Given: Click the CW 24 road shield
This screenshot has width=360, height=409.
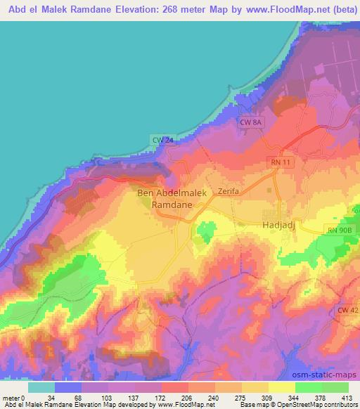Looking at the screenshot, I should (162, 141).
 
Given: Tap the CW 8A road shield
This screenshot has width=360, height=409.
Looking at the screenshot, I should (251, 122).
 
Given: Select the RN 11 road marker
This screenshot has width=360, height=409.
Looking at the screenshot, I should (281, 162).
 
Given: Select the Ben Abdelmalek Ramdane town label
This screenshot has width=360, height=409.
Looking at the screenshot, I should (169, 199).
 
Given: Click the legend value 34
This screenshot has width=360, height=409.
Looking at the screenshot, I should (51, 397).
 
